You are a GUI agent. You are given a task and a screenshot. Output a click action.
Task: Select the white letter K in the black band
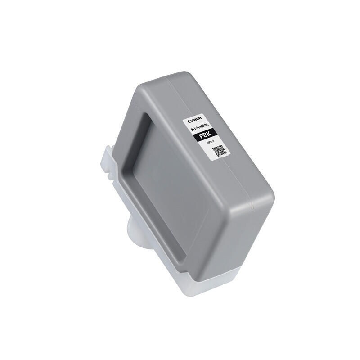[210, 138]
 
